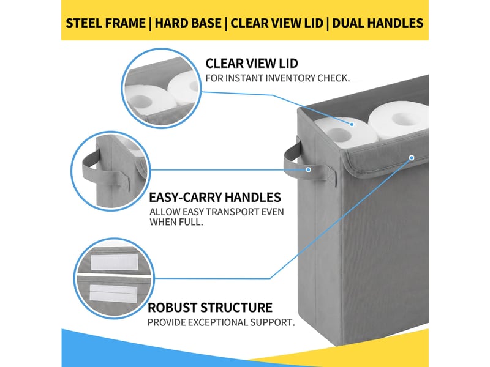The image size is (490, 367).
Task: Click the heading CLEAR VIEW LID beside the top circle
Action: [252, 64]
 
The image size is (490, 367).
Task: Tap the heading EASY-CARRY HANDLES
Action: [215, 197]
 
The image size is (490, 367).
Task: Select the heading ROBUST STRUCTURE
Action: [209, 308]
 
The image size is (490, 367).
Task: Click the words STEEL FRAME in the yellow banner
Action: [105, 23]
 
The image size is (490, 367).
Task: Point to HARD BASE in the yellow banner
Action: [188, 23]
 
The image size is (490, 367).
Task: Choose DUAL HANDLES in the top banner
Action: [377, 23]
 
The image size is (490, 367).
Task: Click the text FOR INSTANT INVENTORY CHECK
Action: [277, 78]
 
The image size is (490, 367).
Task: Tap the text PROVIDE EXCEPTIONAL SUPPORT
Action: [221, 322]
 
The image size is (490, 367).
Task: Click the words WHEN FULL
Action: [176, 222]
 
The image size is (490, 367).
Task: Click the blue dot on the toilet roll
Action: [352, 124]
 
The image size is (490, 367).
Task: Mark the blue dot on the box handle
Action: [309, 169]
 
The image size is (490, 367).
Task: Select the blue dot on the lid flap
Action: [412, 158]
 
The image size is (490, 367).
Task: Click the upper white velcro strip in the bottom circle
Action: [115, 262]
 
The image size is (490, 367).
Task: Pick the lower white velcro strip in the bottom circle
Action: [113, 293]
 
